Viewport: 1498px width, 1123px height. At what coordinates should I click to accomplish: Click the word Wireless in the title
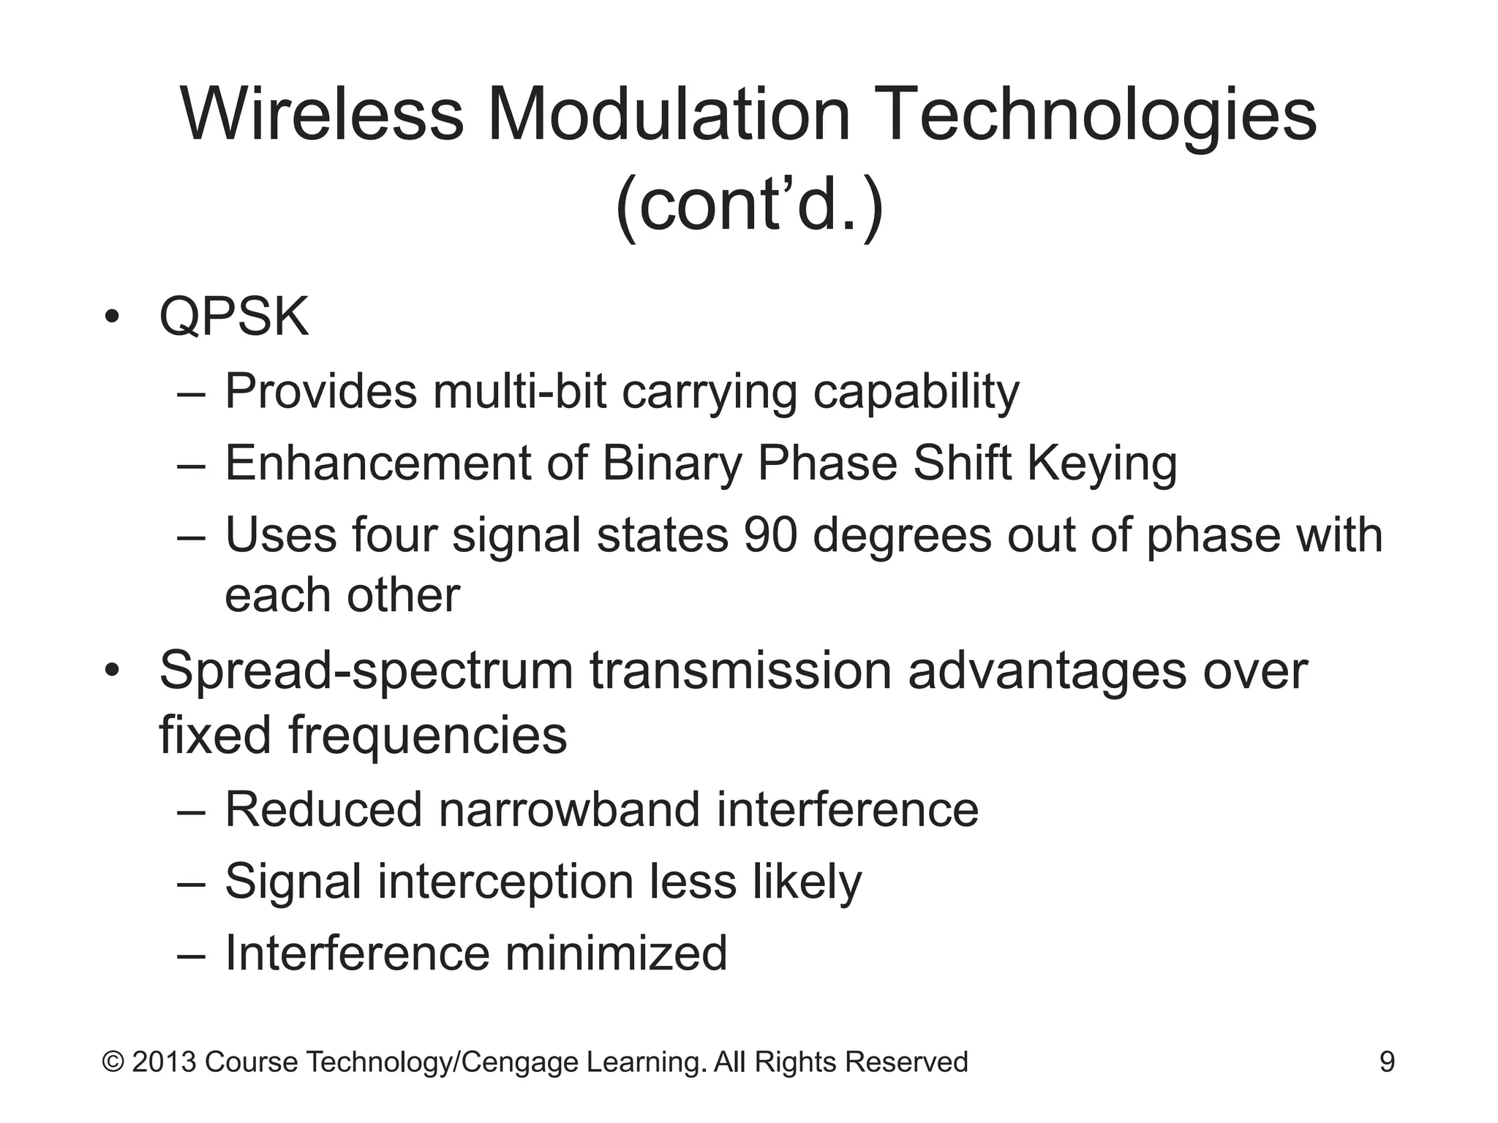click(x=322, y=115)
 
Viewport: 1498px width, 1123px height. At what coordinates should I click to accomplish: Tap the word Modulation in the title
click(x=669, y=115)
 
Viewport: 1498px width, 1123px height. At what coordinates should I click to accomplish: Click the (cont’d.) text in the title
click(x=749, y=205)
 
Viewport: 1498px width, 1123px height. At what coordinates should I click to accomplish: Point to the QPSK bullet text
click(x=234, y=317)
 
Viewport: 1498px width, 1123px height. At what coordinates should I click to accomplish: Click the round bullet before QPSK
click(x=111, y=317)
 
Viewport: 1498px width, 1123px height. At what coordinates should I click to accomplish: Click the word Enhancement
click(x=377, y=464)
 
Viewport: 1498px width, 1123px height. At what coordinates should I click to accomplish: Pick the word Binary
click(x=671, y=465)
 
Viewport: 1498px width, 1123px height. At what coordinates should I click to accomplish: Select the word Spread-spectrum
click(x=366, y=671)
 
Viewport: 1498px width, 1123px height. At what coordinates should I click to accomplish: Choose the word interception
click(x=505, y=882)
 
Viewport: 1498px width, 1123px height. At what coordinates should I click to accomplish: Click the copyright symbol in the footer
click(x=113, y=1062)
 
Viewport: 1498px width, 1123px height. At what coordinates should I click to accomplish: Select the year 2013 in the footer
click(x=164, y=1062)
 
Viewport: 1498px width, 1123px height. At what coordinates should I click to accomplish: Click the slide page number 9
click(x=1387, y=1062)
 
